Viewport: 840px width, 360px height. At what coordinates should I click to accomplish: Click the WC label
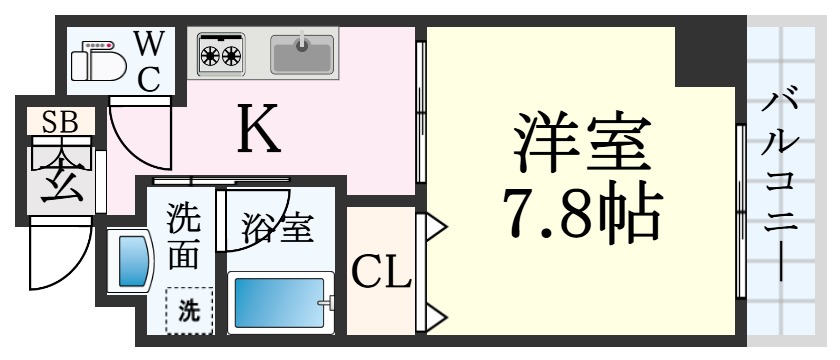click(x=149, y=60)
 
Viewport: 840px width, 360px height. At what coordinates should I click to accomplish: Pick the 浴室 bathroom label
click(x=277, y=228)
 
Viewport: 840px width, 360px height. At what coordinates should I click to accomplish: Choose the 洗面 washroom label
click(x=182, y=235)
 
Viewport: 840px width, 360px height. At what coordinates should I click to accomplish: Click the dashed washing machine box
click(x=187, y=310)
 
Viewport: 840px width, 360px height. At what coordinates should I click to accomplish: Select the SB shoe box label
click(x=59, y=122)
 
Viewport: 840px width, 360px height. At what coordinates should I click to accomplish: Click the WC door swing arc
click(x=137, y=135)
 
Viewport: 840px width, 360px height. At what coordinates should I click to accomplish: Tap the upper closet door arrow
click(x=436, y=229)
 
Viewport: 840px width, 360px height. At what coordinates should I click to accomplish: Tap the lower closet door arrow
click(x=436, y=318)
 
